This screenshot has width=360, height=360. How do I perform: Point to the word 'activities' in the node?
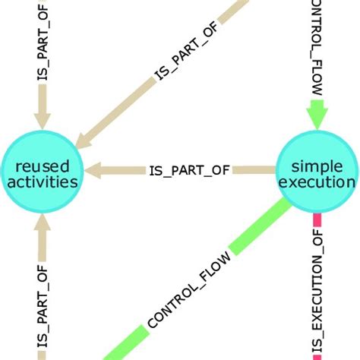[43, 182]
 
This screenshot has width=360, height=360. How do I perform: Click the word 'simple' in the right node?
[317, 165]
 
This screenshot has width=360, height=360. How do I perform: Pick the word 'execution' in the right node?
[317, 182]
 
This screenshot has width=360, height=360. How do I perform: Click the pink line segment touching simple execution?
[316, 222]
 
